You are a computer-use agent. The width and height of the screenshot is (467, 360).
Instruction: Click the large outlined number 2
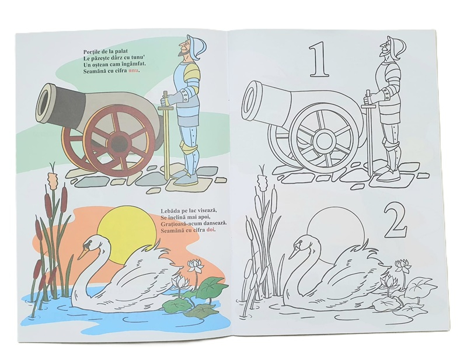[395, 221]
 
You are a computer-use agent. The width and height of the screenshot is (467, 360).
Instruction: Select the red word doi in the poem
[211, 230]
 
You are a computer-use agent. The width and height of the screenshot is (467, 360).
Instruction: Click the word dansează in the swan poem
[214, 223]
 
